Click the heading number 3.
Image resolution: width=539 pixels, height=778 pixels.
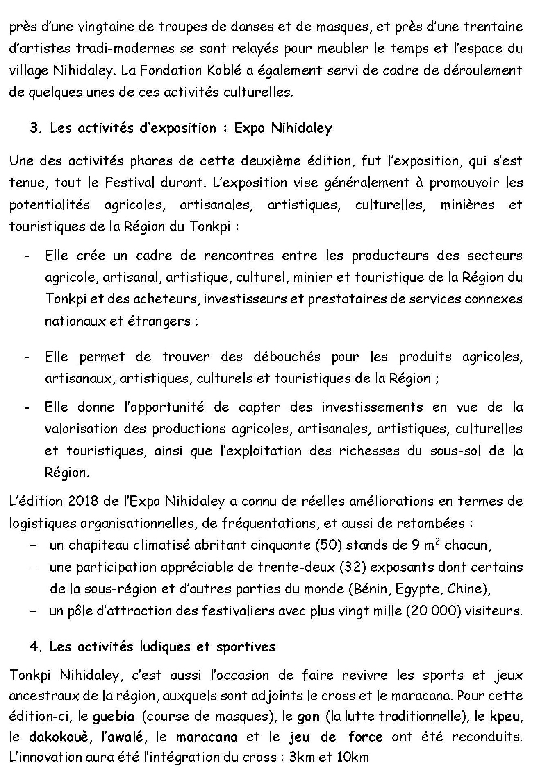click(34, 128)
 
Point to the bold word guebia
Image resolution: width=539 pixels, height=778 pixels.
click(114, 717)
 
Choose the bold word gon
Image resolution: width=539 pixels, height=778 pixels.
click(308, 717)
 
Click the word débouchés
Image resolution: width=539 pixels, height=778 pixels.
click(287, 357)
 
